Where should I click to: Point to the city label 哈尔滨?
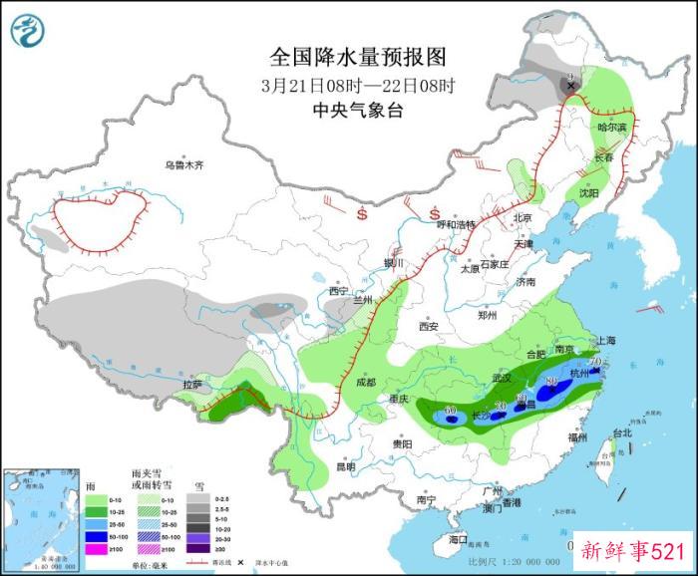(x=612, y=128)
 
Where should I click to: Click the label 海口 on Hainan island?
(x=458, y=539)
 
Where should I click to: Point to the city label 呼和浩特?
(x=460, y=224)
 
